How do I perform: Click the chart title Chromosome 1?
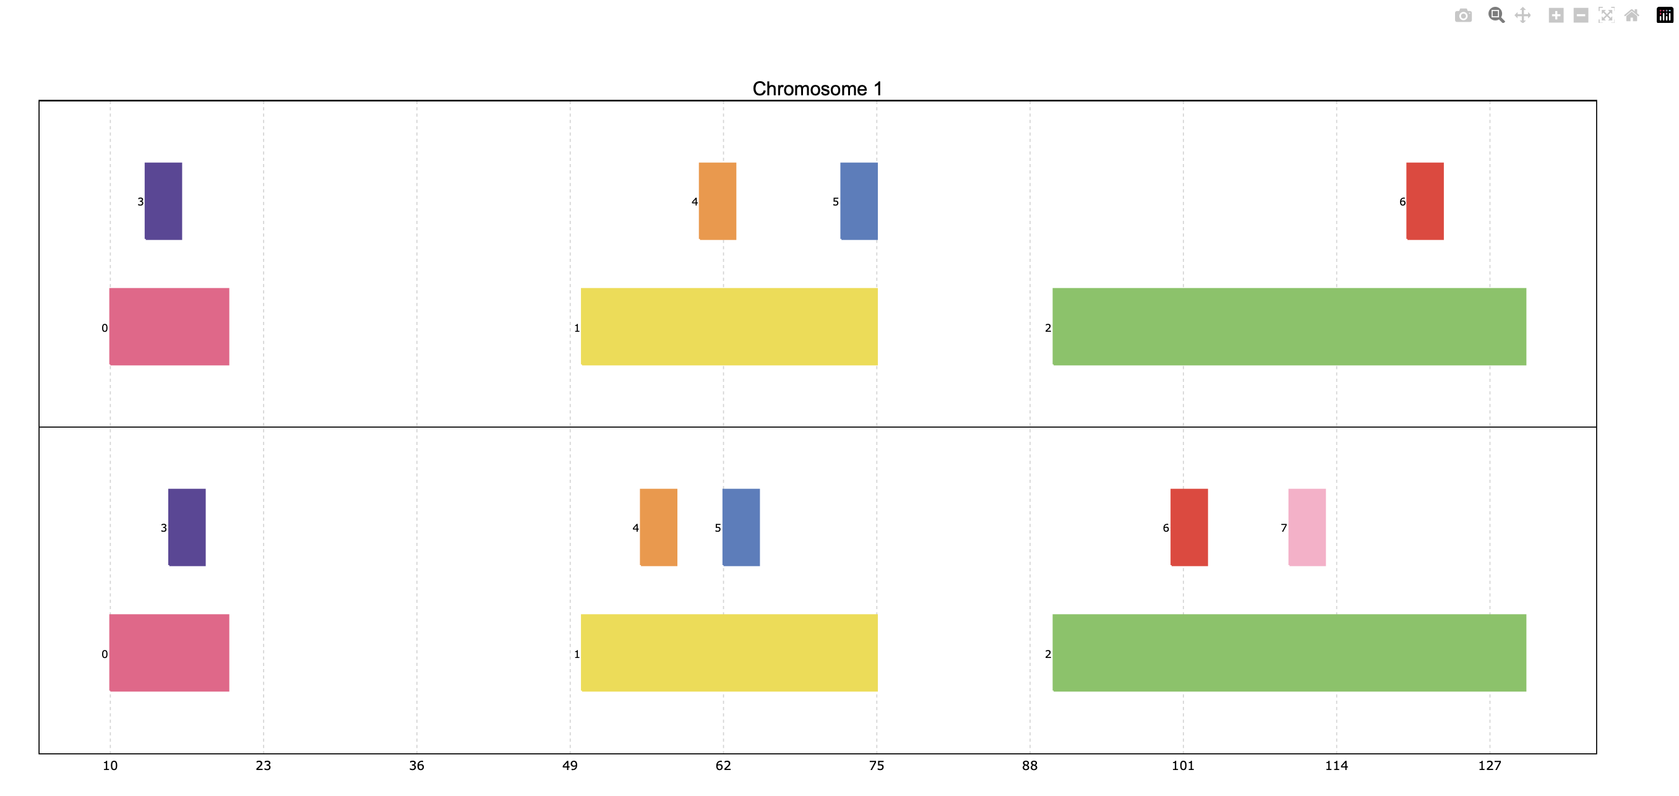[x=817, y=89]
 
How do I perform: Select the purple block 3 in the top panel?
[x=163, y=201]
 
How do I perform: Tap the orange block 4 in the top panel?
[x=718, y=201]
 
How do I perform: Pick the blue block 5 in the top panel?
[x=859, y=201]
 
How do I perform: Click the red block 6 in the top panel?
[x=1425, y=201]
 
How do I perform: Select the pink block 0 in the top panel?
[x=170, y=327]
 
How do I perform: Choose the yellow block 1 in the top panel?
[x=729, y=327]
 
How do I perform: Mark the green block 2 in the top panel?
[x=1289, y=327]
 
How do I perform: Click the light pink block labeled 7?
[x=1307, y=527]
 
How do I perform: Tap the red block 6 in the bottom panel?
[x=1189, y=527]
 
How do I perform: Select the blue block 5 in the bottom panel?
[x=741, y=527]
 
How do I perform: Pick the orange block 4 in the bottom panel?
[x=658, y=527]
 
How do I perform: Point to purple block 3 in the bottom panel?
[x=187, y=527]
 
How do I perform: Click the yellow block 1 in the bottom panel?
[x=729, y=652]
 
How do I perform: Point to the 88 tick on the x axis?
[x=1030, y=765]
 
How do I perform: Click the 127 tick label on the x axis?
[x=1489, y=765]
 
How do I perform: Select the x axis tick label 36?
[x=416, y=765]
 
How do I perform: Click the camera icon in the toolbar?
[x=1463, y=15]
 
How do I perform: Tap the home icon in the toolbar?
[x=1631, y=15]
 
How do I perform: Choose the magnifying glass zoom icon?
[x=1496, y=15]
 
